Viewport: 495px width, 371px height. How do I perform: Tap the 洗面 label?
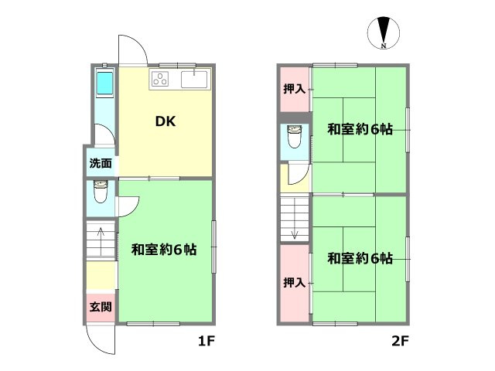pyautogui.click(x=101, y=163)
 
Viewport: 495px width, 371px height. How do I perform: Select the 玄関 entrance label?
pyautogui.click(x=101, y=307)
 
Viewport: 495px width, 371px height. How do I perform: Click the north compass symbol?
pyautogui.click(x=383, y=33)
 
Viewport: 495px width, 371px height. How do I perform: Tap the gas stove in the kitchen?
pyautogui.click(x=161, y=78)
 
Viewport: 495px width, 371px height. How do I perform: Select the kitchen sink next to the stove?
pyautogui.click(x=194, y=78)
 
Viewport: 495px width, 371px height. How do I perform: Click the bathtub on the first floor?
pyautogui.click(x=104, y=84)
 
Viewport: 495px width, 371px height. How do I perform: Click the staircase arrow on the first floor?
pyautogui.click(x=99, y=237)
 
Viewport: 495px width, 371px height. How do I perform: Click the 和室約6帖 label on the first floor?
pyautogui.click(x=163, y=250)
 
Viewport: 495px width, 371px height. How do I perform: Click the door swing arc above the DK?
pyautogui.click(x=132, y=49)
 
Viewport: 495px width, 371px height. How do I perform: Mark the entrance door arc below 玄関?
pyautogui.click(x=101, y=339)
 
